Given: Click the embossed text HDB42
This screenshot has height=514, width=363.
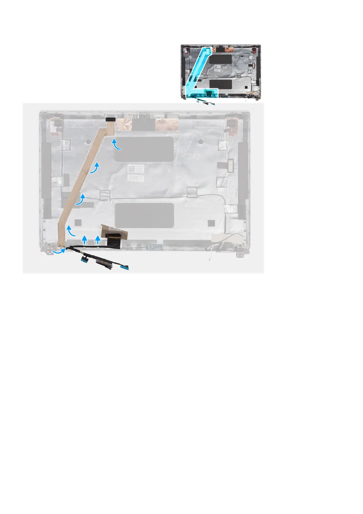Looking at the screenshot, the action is pyautogui.click(x=190, y=157).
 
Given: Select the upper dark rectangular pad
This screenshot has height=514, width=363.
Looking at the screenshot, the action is pyautogui.click(x=144, y=150).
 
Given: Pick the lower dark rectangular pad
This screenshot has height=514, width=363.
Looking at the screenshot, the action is pyautogui.click(x=144, y=215).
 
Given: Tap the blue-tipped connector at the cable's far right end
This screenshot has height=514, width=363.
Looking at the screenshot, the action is pyautogui.click(x=124, y=267).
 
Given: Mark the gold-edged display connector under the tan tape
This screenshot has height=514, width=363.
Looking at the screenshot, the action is pyautogui.click(x=113, y=236).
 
